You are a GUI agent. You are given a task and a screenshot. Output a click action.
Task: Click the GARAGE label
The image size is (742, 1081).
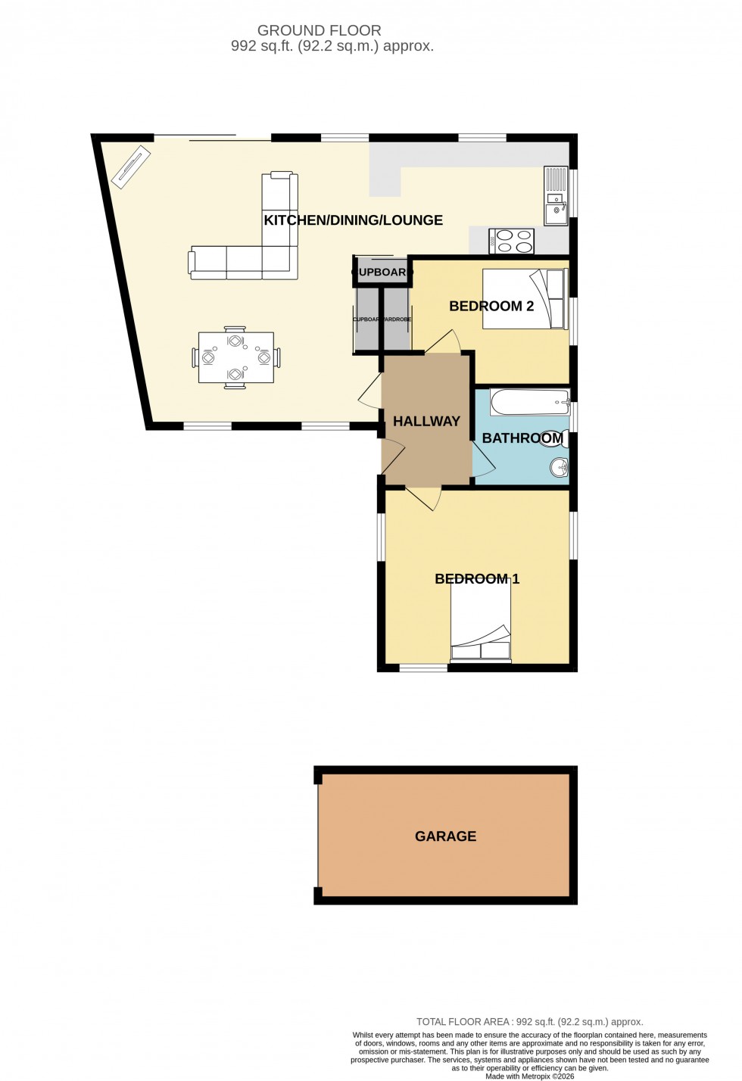445,836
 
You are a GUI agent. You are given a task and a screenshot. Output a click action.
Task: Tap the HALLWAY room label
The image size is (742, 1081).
426,422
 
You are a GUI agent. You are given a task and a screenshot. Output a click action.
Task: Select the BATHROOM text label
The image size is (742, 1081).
522,438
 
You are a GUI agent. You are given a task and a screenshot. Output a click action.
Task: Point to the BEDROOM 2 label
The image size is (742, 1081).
491,306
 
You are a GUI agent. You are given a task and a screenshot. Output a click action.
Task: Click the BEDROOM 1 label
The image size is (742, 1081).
477,579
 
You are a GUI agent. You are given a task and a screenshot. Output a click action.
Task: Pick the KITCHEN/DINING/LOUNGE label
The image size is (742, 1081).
353,220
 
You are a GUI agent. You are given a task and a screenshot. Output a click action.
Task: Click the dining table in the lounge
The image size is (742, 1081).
235,357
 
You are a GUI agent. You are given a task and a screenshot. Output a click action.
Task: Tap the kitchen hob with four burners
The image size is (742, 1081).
512,241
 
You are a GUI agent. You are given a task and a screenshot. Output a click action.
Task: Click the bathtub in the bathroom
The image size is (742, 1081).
529,402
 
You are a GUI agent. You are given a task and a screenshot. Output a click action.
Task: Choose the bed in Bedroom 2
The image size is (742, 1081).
525,299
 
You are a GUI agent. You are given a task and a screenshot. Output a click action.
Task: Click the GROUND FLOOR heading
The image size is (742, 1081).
319,30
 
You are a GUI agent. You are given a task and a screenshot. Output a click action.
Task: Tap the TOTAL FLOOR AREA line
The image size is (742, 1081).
529,1021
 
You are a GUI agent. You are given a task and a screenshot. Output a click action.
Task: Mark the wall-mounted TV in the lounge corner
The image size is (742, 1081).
131,166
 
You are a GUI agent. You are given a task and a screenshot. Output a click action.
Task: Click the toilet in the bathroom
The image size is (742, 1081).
555,438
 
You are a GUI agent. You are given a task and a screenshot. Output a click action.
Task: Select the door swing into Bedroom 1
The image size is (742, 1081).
424,497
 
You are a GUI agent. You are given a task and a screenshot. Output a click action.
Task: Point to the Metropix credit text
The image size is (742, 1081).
529,1076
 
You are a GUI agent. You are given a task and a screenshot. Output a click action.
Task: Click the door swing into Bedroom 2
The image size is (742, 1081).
444,341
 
